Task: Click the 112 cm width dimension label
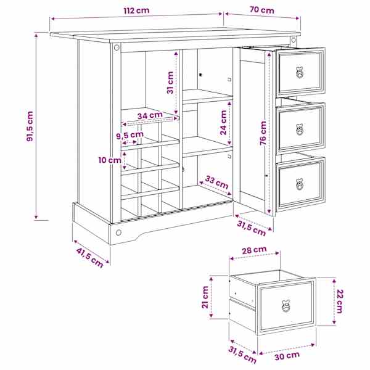click(136, 10)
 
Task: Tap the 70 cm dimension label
click(262, 10)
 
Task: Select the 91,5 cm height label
click(30, 126)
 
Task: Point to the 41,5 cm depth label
click(89, 258)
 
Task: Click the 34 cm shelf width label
click(150, 116)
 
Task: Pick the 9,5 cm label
click(129, 135)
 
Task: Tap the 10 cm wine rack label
click(110, 160)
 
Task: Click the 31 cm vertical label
click(170, 83)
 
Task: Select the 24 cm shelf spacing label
click(223, 123)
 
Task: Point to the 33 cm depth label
click(216, 183)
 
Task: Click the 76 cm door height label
click(263, 133)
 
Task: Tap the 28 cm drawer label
click(254, 250)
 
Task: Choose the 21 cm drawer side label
click(205, 297)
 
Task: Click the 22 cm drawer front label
click(339, 302)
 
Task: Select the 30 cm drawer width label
click(287, 356)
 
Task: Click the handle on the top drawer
click(299, 72)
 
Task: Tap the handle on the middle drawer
click(300, 129)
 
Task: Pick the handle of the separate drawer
click(286, 306)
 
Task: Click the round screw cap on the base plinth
click(118, 232)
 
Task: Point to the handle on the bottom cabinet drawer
click(300, 184)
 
